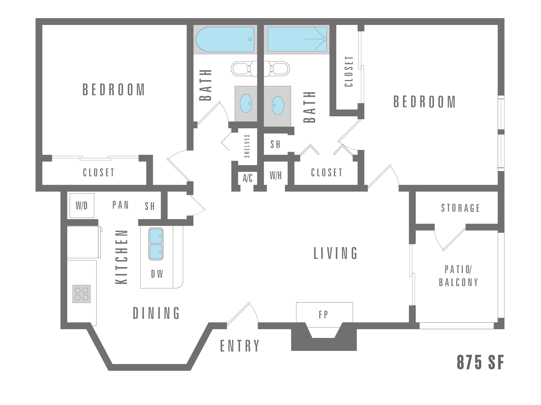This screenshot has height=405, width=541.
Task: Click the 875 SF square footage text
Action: [x=480, y=363]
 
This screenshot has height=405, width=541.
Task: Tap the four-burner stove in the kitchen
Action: [x=81, y=294]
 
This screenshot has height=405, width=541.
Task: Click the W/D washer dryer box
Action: [x=82, y=205]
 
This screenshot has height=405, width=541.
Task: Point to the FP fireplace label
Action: [x=324, y=314]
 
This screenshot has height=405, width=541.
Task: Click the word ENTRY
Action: [x=240, y=346]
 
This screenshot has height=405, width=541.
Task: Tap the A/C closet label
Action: [x=248, y=178]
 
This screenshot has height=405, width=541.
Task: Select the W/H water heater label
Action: [x=276, y=176]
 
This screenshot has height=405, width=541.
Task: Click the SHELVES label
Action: [x=247, y=146]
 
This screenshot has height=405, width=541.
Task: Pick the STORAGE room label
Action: [x=460, y=208]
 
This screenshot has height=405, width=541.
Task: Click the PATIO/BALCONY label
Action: [x=458, y=276]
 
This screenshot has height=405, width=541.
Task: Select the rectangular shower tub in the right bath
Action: [x=297, y=39]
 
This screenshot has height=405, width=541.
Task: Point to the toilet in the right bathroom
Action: [x=279, y=69]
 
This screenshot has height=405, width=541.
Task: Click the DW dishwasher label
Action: [x=157, y=274]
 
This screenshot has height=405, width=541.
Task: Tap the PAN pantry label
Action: [x=120, y=205]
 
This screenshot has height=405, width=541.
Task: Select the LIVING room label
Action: [x=336, y=253]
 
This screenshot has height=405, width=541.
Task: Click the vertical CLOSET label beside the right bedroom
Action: [x=349, y=72]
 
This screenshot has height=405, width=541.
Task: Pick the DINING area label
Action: [x=156, y=313]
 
